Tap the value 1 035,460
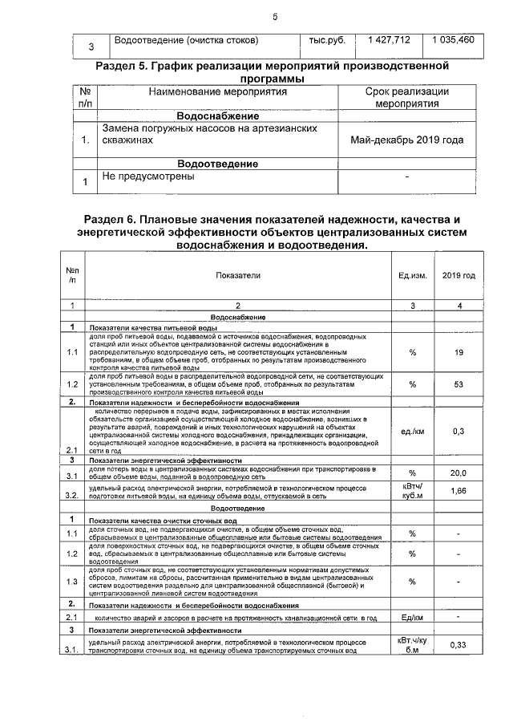click(x=453, y=40)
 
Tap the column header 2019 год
click(x=458, y=275)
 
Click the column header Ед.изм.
click(x=412, y=275)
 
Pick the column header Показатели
click(x=238, y=275)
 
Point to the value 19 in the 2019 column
click(x=458, y=352)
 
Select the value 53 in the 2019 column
click(x=458, y=384)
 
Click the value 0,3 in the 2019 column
click(x=458, y=431)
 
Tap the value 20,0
click(x=458, y=473)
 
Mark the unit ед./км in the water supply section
click(x=412, y=431)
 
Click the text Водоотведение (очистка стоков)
click(x=187, y=40)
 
